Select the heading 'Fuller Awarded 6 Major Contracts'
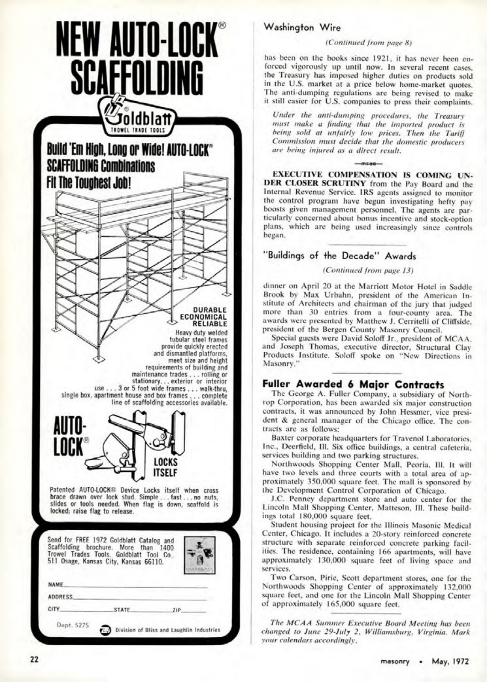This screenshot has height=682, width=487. [x=353, y=385]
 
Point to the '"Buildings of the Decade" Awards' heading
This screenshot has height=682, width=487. [x=340, y=256]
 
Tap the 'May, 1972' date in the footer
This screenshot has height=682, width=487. [x=450, y=661]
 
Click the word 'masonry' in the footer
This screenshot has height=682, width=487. [x=395, y=661]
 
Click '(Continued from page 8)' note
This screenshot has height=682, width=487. [x=368, y=43]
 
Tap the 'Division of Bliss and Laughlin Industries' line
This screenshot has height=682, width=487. [x=168, y=630]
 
